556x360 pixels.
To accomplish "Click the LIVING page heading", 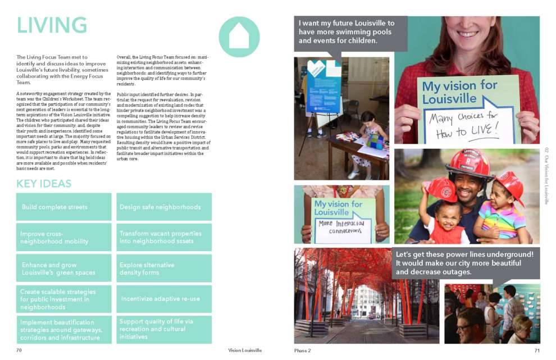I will pyautogui.click(x=52, y=25).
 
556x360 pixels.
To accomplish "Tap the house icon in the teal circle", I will pyautogui.click(x=239, y=37).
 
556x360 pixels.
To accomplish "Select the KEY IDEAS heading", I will pyautogui.click(x=44, y=184).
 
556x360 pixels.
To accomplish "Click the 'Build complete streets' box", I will pyautogui.click(x=63, y=207).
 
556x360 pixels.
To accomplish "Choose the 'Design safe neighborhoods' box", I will pyautogui.click(x=163, y=207).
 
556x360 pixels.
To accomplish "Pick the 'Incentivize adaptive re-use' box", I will pyautogui.click(x=163, y=299).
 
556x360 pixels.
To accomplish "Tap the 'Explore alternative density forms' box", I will pyautogui.click(x=163, y=268).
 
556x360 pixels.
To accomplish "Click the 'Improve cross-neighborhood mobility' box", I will pyautogui.click(x=63, y=238).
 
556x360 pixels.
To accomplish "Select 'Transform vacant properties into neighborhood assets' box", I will pyautogui.click(x=163, y=237).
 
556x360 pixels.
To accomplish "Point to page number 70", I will pyautogui.click(x=19, y=350).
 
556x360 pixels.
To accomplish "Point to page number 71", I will pyautogui.click(x=537, y=350).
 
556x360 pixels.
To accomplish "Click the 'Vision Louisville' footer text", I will pyautogui.click(x=245, y=350).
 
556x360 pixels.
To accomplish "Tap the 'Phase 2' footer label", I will pyautogui.click(x=303, y=350).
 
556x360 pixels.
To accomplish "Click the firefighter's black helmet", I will pyautogui.click(x=468, y=161).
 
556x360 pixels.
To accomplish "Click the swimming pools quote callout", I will pyautogui.click(x=350, y=32).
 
